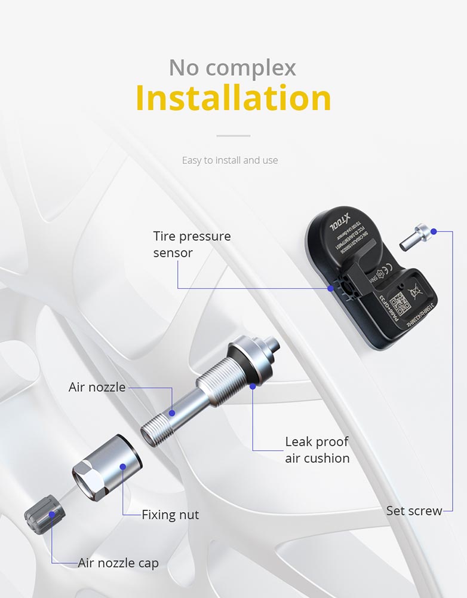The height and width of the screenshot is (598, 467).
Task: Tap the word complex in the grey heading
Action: [x=257, y=68]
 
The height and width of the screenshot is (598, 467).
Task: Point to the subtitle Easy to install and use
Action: [x=230, y=160]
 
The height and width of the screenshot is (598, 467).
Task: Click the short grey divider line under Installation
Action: [x=233, y=136]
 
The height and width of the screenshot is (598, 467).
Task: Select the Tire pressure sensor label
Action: [x=192, y=244]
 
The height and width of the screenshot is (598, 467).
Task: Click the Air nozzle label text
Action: [x=97, y=387]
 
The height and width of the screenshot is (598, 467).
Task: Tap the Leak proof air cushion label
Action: [x=317, y=450]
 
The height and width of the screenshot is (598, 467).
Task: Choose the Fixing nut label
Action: [x=170, y=514]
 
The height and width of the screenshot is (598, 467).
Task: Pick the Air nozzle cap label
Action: [x=118, y=563]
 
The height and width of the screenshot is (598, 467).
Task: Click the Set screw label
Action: [x=414, y=511]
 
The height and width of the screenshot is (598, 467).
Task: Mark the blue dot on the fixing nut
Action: [x=122, y=467]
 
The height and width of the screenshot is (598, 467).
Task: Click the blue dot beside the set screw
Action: [x=434, y=231]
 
